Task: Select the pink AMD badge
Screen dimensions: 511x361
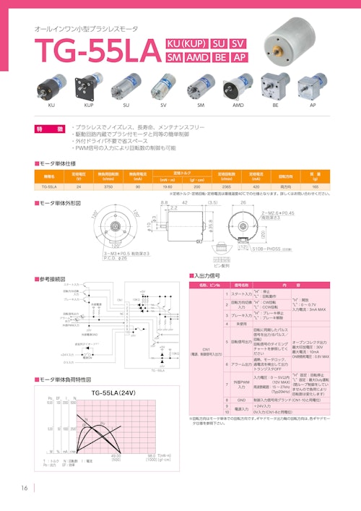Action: click(197, 57)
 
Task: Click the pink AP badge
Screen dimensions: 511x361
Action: click(240, 57)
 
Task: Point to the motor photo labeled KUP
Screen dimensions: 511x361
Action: click(91, 87)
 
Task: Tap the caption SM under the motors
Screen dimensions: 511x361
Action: click(201, 106)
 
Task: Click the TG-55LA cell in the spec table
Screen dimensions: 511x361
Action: click(50, 186)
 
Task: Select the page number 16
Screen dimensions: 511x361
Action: click(25, 486)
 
